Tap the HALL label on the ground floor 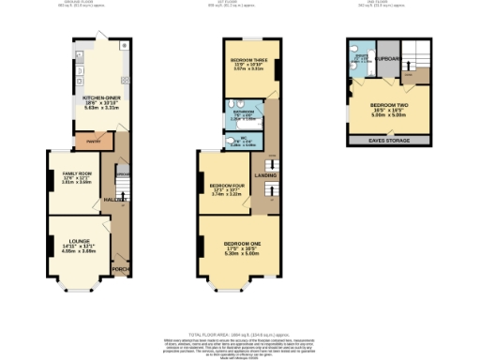[x=111, y=200]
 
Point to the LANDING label [x=264, y=175]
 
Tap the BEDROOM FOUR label [x=227, y=186]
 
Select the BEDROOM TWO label [x=386, y=104]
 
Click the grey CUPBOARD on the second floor [x=388, y=57]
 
